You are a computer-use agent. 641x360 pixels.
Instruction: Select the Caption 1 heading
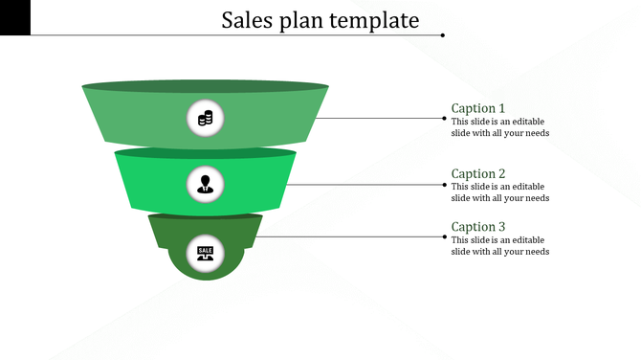478,108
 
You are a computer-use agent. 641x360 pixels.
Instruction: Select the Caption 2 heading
478,174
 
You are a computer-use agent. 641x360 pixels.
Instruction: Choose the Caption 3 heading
478,227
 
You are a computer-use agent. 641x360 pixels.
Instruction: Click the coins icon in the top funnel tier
205,119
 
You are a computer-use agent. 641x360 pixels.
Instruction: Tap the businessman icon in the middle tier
205,183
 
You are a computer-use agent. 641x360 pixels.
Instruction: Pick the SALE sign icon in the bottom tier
205,252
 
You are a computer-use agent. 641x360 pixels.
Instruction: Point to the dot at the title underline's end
442,35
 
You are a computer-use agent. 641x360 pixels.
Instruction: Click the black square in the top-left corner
15,17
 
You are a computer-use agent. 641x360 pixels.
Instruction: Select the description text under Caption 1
499,127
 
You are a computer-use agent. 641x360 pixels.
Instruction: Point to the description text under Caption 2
499,192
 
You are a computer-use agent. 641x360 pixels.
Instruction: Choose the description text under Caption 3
499,245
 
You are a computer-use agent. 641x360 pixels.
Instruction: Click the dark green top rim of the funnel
205,85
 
